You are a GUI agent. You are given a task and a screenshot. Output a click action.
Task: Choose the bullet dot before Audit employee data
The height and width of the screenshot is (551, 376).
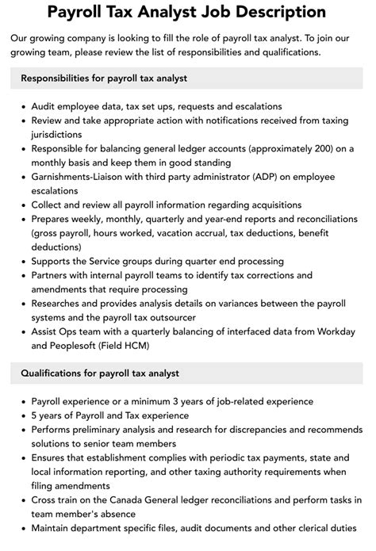point(22,106)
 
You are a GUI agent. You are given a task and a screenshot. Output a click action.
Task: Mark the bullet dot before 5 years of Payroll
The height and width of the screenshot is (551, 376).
point(22,416)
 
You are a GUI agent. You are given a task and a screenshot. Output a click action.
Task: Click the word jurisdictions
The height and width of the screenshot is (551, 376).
point(63,135)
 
